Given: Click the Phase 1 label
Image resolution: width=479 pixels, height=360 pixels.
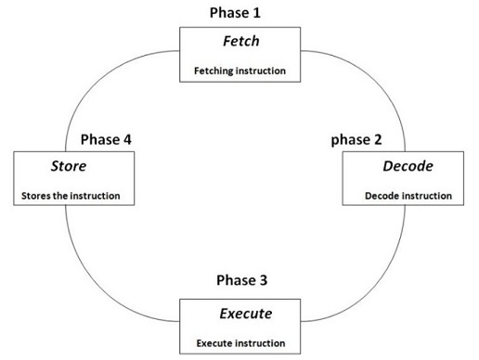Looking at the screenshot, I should coord(238,12).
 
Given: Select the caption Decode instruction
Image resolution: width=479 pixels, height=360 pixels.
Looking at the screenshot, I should coord(408,196).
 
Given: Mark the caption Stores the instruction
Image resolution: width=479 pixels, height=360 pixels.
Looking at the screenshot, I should coord(68,196).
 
